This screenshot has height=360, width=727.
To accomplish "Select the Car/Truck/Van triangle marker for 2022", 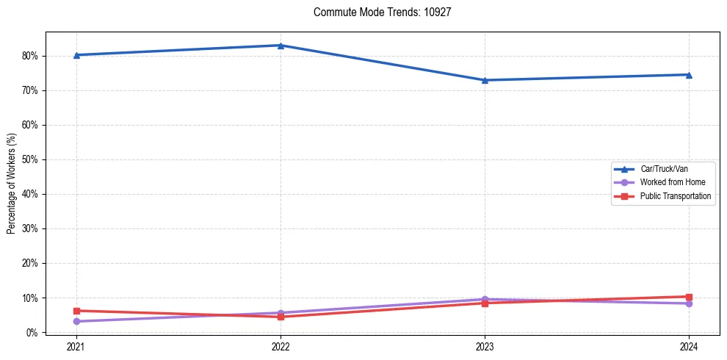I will click(x=281, y=46).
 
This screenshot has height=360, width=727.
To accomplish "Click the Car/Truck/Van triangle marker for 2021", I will click(x=76, y=55).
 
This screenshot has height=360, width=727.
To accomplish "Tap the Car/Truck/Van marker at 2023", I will click(x=485, y=80).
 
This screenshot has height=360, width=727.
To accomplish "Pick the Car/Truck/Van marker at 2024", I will click(x=689, y=74).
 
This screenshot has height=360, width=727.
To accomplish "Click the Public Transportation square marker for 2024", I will click(x=689, y=297).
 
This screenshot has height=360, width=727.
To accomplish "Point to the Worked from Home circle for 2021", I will click(x=76, y=321).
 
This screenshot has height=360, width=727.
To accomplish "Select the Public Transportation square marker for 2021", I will click(x=76, y=311).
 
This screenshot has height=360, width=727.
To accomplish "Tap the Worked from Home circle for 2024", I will click(x=689, y=303).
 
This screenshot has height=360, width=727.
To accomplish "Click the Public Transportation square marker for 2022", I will click(x=281, y=317).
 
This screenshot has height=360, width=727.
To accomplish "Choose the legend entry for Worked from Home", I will click(x=668, y=182).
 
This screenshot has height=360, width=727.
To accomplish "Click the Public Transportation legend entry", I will click(x=675, y=196).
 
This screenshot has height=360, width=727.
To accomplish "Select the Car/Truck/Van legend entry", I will click(x=664, y=169).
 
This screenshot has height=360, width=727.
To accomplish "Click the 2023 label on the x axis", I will click(x=485, y=346).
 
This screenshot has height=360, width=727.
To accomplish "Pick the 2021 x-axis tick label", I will click(x=76, y=346).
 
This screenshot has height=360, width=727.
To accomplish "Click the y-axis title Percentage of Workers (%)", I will click(x=11, y=184).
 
